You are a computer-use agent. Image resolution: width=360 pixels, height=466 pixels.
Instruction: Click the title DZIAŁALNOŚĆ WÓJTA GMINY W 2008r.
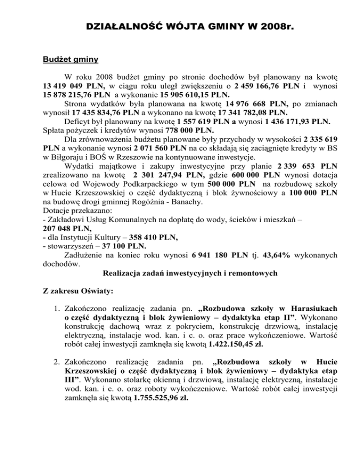click(x=180, y=28)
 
